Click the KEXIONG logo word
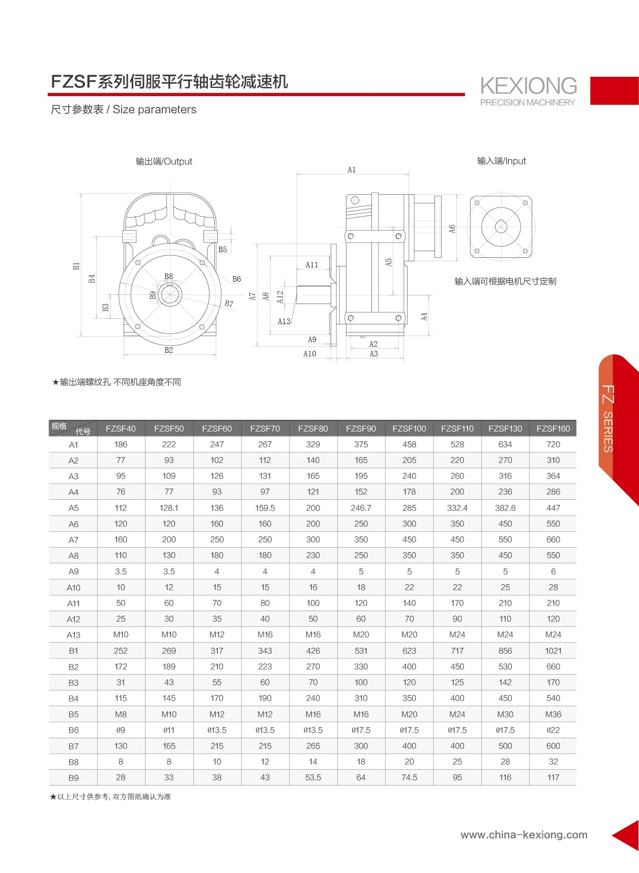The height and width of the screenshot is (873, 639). click(529, 86)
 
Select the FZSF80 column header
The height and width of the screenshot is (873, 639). click(313, 429)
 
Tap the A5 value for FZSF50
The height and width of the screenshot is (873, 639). click(169, 508)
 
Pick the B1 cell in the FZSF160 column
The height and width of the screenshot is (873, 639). click(553, 651)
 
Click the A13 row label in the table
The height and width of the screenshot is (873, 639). click(74, 635)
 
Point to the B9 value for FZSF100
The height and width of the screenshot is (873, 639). click(409, 777)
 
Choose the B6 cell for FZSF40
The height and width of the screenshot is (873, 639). click(121, 730)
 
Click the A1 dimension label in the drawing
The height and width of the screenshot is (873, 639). click(352, 170)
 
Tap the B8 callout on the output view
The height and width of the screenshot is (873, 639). click(168, 277)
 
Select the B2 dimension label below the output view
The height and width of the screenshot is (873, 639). click(169, 350)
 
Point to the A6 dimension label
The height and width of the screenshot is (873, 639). click(452, 229)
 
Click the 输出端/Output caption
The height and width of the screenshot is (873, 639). click(164, 161)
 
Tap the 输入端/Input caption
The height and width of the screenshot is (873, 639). click(502, 161)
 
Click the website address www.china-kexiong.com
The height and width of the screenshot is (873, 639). click(524, 834)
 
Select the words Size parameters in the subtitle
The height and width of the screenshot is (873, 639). click(155, 109)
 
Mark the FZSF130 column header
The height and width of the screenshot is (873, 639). click(505, 429)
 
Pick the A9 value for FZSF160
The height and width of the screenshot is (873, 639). click(553, 571)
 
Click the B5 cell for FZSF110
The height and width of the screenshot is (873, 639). click(457, 714)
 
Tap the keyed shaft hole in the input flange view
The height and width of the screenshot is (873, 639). click(501, 226)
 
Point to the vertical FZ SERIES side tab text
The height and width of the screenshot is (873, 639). click(608, 419)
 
